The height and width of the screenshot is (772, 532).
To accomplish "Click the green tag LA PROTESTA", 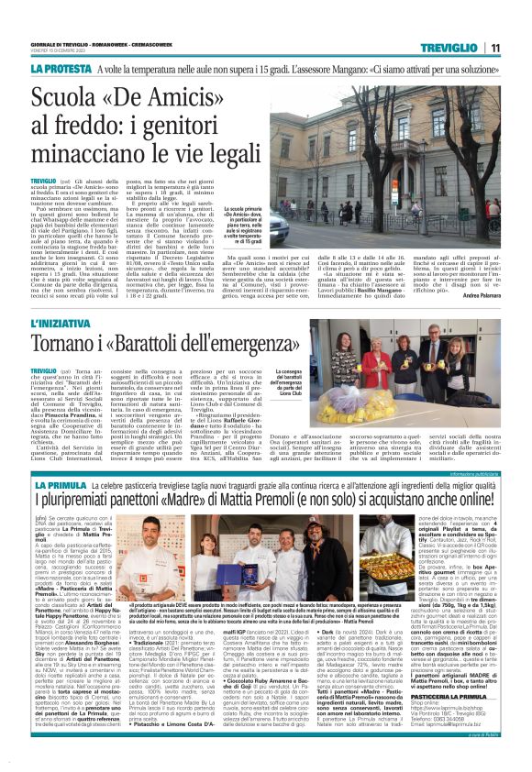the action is [x=61, y=69].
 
